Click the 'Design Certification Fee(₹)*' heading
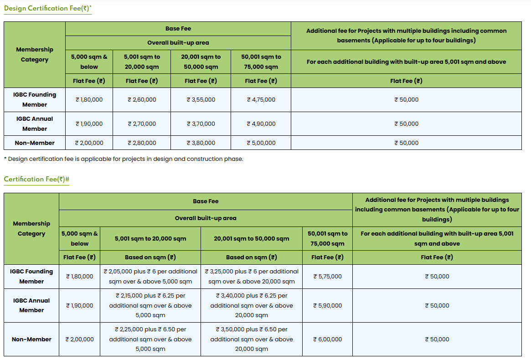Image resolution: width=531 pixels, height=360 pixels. coord(48,8)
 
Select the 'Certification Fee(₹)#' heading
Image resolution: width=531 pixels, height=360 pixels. coord(36,179)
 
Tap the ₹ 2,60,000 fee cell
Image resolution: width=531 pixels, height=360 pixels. coord(142,99)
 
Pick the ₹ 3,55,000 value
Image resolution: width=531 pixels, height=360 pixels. coord(201,99)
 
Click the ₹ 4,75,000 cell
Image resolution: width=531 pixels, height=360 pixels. coord(261,99)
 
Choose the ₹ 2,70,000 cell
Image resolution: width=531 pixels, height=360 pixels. coord(142,123)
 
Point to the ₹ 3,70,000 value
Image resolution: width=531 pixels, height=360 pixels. coord(201,123)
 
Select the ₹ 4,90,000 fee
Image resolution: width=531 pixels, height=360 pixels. coord(261,123)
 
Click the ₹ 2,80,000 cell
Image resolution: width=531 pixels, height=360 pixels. coord(142,143)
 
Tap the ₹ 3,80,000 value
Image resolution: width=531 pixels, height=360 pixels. coord(201,143)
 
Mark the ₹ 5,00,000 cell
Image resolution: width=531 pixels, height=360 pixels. coord(261,143)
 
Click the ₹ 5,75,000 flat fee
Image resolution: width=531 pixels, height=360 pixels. coord(327,276)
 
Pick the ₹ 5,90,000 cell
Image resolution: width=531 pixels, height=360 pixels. coord(327,305)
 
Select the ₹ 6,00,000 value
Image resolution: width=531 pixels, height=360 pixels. coord(327,339)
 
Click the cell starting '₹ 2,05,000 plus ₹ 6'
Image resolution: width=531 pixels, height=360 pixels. coord(150,276)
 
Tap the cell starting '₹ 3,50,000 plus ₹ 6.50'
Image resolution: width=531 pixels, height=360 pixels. coord(252,339)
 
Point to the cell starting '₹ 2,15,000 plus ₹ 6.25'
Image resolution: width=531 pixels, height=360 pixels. coord(150,305)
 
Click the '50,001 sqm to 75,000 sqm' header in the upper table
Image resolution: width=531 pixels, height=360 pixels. coord(261,62)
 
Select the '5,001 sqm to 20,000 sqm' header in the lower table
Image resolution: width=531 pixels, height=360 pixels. coord(150,238)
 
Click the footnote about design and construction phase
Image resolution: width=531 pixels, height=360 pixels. coord(124,159)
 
